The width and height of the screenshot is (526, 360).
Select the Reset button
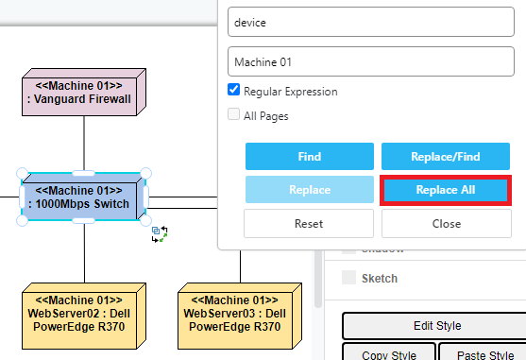click(308, 224)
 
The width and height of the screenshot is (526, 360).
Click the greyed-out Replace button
click(308, 190)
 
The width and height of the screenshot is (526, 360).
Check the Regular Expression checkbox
click(234, 92)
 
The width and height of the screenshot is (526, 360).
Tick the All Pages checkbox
click(234, 116)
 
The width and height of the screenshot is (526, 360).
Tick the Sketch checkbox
click(349, 279)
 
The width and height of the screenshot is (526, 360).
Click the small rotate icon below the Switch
click(160, 234)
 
